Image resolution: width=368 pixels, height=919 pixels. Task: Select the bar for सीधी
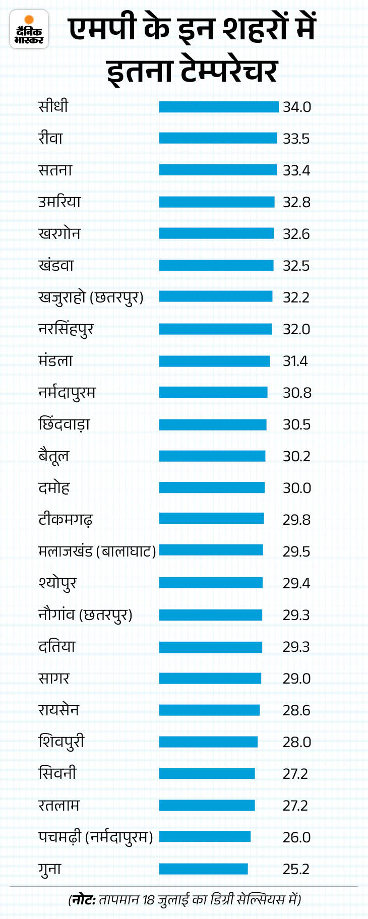tap(219, 107)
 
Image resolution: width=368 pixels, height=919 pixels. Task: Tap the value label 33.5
tap(296, 139)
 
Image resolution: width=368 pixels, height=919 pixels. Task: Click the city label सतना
tap(55, 170)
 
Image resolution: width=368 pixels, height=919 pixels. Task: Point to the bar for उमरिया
tap(217, 202)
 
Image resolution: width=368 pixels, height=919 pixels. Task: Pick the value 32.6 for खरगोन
tap(296, 234)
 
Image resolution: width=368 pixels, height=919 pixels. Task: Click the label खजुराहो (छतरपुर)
tap(91, 297)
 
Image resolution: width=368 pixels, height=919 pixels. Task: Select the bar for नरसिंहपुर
tap(215, 329)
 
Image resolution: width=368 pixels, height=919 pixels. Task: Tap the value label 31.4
tap(295, 361)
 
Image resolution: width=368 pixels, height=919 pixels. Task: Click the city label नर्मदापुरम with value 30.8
tap(67, 393)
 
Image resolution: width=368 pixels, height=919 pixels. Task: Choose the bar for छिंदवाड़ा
tap(213, 424)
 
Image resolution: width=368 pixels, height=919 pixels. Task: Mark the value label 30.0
tap(296, 488)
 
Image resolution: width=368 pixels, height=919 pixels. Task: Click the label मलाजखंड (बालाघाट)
tap(97, 552)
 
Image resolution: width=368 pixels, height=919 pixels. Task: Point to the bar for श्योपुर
tap(211, 583)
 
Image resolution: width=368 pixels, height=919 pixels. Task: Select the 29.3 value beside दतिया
tap(296, 647)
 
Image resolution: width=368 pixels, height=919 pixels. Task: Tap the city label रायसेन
tap(58, 710)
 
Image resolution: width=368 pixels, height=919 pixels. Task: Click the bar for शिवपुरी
tap(208, 742)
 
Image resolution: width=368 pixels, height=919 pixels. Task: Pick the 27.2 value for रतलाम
tap(295, 806)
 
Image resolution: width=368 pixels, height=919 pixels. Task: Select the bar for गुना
tap(203, 869)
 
